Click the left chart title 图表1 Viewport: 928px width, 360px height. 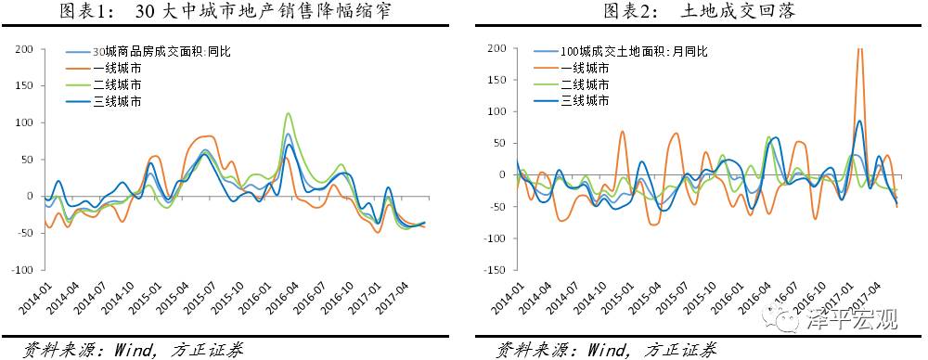87,12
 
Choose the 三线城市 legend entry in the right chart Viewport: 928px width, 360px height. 586,100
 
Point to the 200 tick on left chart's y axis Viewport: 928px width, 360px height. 23,48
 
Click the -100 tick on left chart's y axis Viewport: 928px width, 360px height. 20,270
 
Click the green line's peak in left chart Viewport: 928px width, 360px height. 289,114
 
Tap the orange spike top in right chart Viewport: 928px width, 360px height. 859,50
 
